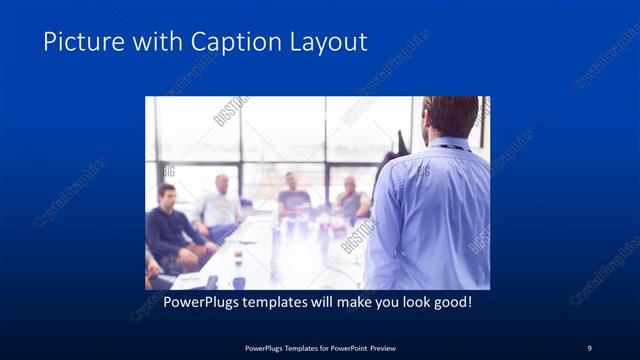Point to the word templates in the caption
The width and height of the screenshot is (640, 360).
click(276, 300)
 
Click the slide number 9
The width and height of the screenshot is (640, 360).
click(589, 347)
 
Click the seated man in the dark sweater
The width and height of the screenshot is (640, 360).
click(172, 230)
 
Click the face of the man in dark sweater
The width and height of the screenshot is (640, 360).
click(166, 194)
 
